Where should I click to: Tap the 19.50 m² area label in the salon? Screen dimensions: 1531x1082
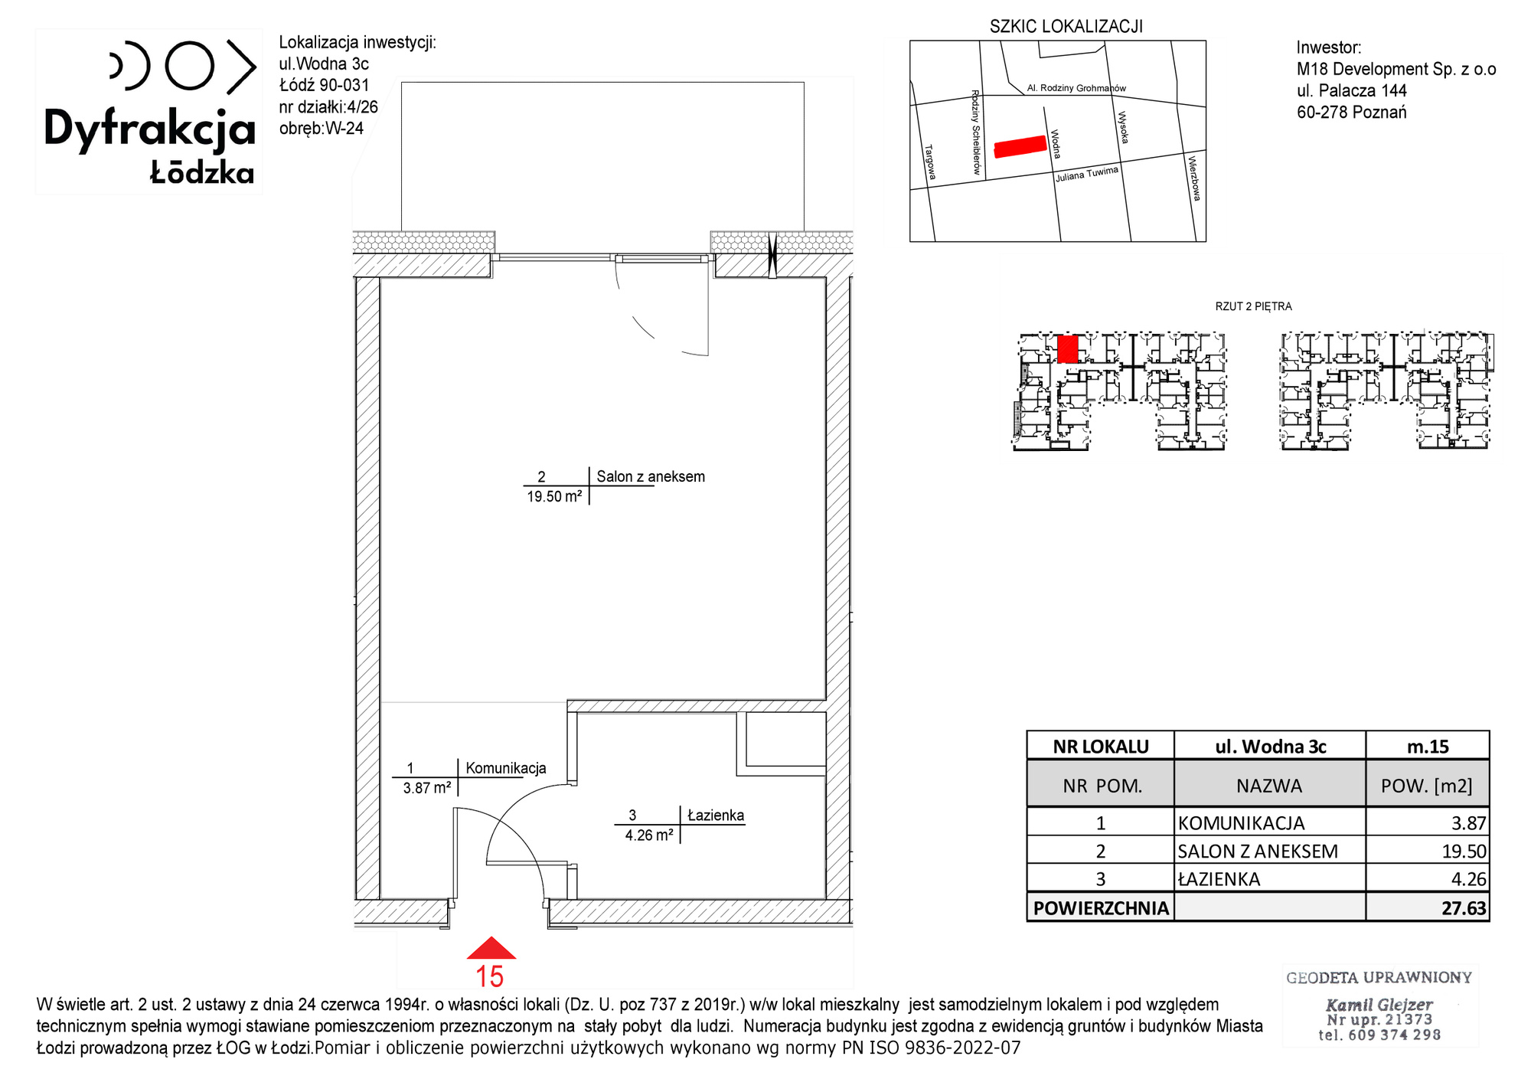554,496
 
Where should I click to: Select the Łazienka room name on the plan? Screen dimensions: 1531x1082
716,816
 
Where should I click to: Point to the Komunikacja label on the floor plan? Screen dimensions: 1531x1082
506,768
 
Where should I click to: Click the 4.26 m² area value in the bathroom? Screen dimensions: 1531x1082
649,835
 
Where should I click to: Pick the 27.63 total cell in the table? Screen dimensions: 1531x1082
1464,908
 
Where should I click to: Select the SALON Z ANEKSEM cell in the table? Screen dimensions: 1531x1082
1258,852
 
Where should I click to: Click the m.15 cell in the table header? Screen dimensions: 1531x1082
1428,747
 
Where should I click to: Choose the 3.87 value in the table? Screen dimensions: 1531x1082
1469,823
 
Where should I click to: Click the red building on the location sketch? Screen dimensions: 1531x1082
1020,146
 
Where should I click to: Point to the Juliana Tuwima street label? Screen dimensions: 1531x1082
1087,174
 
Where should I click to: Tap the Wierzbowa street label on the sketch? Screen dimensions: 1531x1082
1193,178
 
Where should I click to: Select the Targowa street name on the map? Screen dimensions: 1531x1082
930,162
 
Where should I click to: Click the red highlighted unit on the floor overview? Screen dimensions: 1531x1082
1067,348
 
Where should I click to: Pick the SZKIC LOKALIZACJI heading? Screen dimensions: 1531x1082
1066,27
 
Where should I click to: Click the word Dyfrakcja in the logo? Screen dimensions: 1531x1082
149,129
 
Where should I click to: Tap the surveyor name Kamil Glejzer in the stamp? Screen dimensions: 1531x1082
1379,1005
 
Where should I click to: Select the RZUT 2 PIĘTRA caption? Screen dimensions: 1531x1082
1253,306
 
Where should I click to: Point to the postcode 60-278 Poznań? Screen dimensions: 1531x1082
1352,113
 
